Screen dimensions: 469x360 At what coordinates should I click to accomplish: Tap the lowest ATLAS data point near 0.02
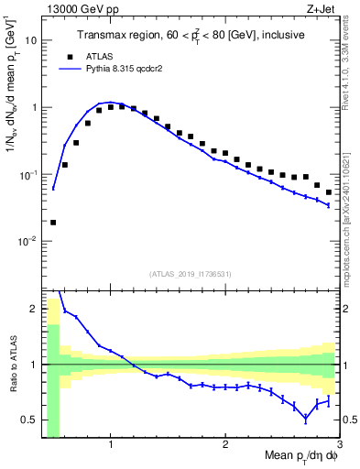click(x=53, y=222)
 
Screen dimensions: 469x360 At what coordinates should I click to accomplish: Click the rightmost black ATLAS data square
click(x=329, y=192)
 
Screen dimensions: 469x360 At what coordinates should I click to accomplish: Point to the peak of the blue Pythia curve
click(x=110, y=103)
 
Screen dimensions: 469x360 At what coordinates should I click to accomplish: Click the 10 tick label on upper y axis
click(x=30, y=41)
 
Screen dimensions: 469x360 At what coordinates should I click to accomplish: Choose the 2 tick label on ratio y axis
click(x=33, y=309)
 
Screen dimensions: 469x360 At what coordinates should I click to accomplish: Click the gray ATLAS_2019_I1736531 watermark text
click(x=190, y=273)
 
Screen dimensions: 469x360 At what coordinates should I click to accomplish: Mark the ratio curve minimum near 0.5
click(x=306, y=418)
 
